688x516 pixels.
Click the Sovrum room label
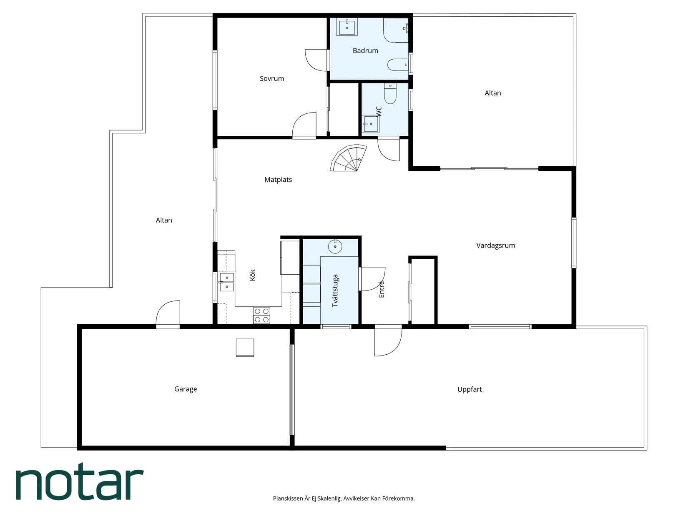coord(272,79)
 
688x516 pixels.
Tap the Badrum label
coord(365,51)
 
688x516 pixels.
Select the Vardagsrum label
coord(495,245)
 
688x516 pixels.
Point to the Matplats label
coord(278,180)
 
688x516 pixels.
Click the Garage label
coord(186,389)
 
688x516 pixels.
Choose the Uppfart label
coord(470,389)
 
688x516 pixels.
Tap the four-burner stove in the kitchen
coord(261,315)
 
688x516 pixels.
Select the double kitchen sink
coord(226,282)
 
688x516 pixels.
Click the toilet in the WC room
coord(390,93)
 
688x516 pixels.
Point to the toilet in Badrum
coord(398,65)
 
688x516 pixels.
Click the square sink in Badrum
coord(347,27)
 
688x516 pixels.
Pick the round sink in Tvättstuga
coord(335,247)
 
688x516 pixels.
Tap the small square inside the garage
coord(245,348)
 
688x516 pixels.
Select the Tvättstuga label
coord(335,291)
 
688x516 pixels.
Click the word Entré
coord(381,289)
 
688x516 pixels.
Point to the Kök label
coord(252,275)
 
